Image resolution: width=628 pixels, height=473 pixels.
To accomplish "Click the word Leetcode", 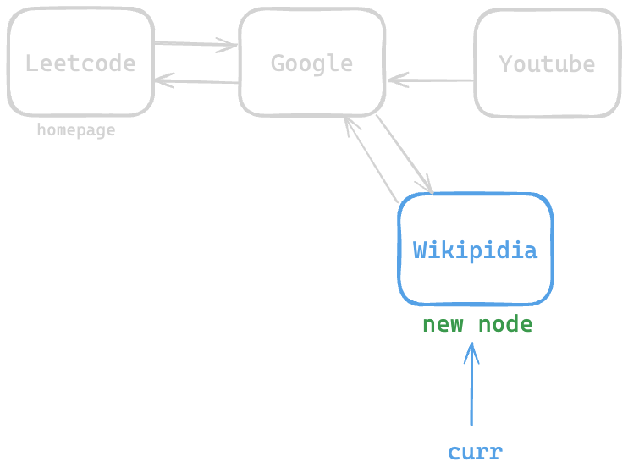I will coord(80,63).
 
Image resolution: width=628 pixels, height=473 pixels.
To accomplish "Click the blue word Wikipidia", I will coord(475,250).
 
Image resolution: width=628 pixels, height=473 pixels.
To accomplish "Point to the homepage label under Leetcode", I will coord(75,130).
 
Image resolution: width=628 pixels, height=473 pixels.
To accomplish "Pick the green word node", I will coord(505,324).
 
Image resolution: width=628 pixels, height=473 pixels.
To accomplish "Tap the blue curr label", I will coord(475,452).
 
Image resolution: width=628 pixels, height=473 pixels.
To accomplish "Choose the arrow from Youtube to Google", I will coord(432,81).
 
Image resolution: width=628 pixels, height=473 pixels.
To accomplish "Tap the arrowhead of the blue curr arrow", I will coord(471,349).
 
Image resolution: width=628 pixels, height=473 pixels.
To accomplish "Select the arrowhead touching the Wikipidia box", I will coord(428,187).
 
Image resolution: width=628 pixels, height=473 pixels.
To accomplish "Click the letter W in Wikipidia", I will coord(420,250).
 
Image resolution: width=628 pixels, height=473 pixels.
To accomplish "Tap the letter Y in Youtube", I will coord(505,63).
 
